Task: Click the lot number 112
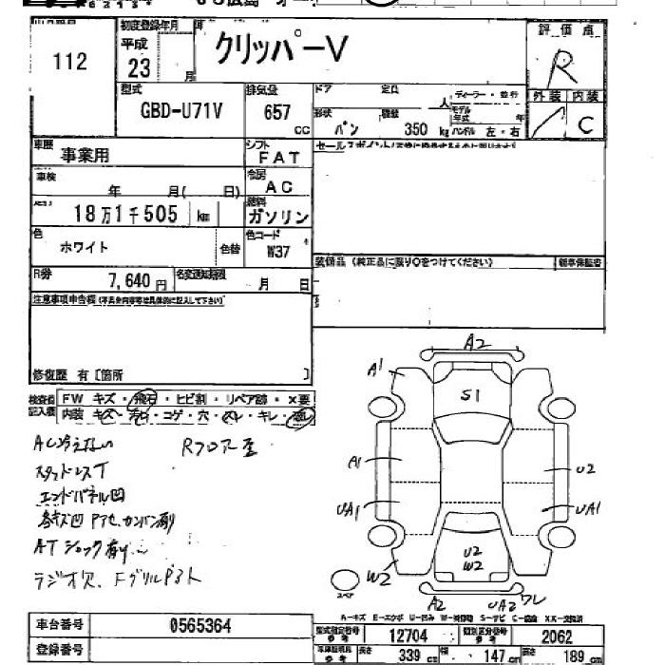click(x=70, y=63)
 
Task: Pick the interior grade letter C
click(x=585, y=123)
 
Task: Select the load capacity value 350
click(x=417, y=129)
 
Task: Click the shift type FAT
click(x=278, y=157)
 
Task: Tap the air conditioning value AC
click(x=278, y=188)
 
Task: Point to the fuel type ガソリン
click(x=277, y=218)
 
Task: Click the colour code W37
click(x=277, y=253)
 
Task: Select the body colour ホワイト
click(x=85, y=247)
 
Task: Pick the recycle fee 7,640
click(x=130, y=281)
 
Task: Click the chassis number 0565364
click(x=199, y=626)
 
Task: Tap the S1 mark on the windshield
click(x=468, y=397)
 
